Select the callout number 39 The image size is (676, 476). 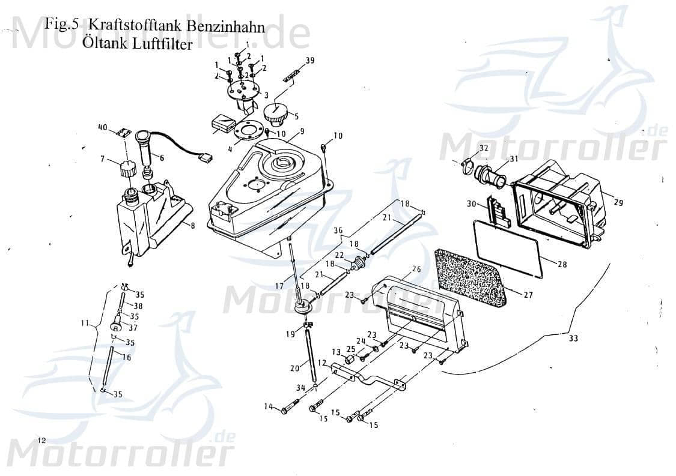310,60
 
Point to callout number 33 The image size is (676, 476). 573,339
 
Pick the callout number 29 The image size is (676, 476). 618,203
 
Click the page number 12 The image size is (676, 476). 41,440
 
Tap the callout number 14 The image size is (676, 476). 268,407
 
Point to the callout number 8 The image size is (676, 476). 193,226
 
